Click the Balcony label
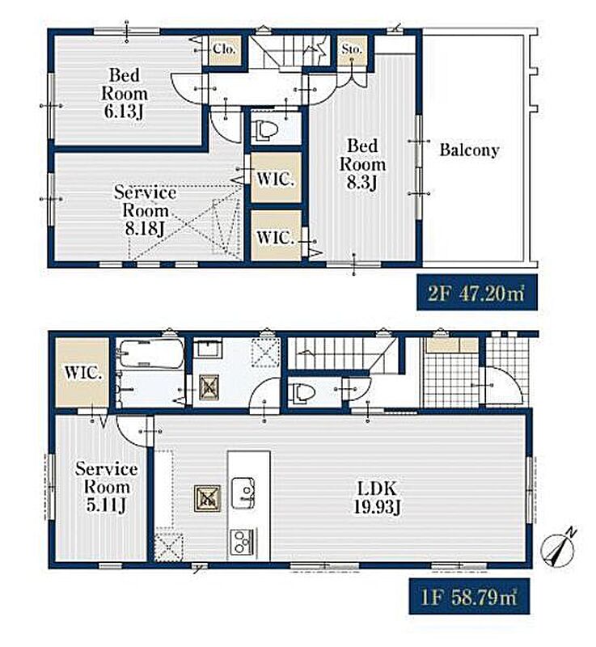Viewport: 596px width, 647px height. (469, 150)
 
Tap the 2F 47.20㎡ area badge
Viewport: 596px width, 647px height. (477, 293)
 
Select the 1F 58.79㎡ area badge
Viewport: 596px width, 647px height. (469, 596)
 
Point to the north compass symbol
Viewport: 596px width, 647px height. (559, 548)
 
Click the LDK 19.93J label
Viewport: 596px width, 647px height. (377, 498)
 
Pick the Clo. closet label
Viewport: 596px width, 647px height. (224, 49)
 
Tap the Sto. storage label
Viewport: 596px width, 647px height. (352, 49)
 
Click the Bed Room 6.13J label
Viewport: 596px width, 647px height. (125, 94)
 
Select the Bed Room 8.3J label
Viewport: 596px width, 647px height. (362, 164)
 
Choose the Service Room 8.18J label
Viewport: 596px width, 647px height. (146, 210)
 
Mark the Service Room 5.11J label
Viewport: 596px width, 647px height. (107, 488)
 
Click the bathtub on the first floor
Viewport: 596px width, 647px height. (150, 353)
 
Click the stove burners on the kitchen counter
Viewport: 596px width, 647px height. (243, 541)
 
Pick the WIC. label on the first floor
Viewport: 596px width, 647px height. (83, 373)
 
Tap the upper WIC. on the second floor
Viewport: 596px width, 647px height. (275, 179)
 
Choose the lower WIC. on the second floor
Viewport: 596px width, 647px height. (275, 238)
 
